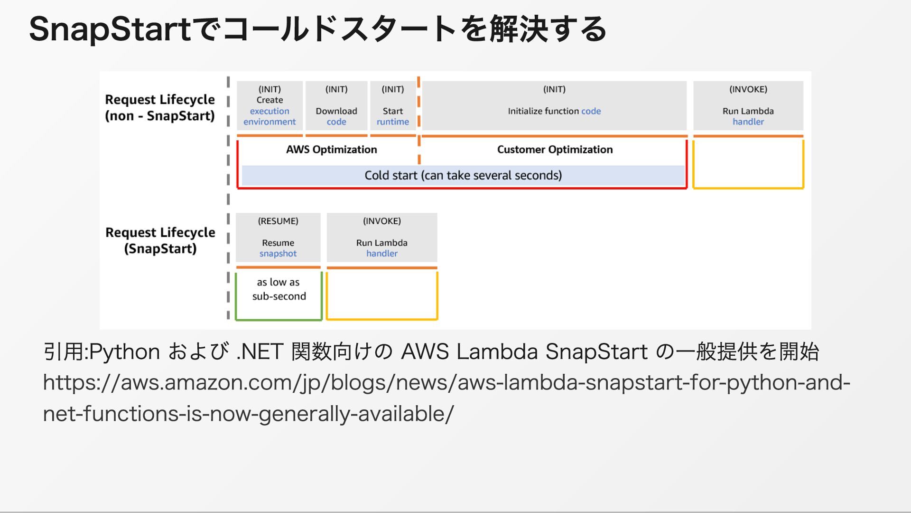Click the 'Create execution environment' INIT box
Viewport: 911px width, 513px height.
tap(270, 105)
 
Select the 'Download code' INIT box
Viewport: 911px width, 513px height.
tap(336, 105)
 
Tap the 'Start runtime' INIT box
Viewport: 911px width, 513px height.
tap(393, 105)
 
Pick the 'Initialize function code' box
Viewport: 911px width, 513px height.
tap(554, 105)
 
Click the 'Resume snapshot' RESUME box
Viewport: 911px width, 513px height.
tap(278, 237)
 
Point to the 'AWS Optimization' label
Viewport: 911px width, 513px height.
tap(331, 150)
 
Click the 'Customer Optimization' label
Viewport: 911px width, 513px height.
tap(555, 150)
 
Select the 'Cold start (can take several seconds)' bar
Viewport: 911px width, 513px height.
tap(463, 175)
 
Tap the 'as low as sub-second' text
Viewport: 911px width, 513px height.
tap(279, 289)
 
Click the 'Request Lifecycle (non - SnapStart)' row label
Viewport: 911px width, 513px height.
tap(160, 108)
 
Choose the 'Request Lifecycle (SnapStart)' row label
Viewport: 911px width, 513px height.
tap(160, 240)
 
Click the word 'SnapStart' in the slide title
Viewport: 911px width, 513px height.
tap(110, 29)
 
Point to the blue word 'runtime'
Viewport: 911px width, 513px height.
tap(393, 122)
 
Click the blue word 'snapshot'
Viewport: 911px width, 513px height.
tap(278, 254)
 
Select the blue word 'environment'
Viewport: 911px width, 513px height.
tap(270, 122)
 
